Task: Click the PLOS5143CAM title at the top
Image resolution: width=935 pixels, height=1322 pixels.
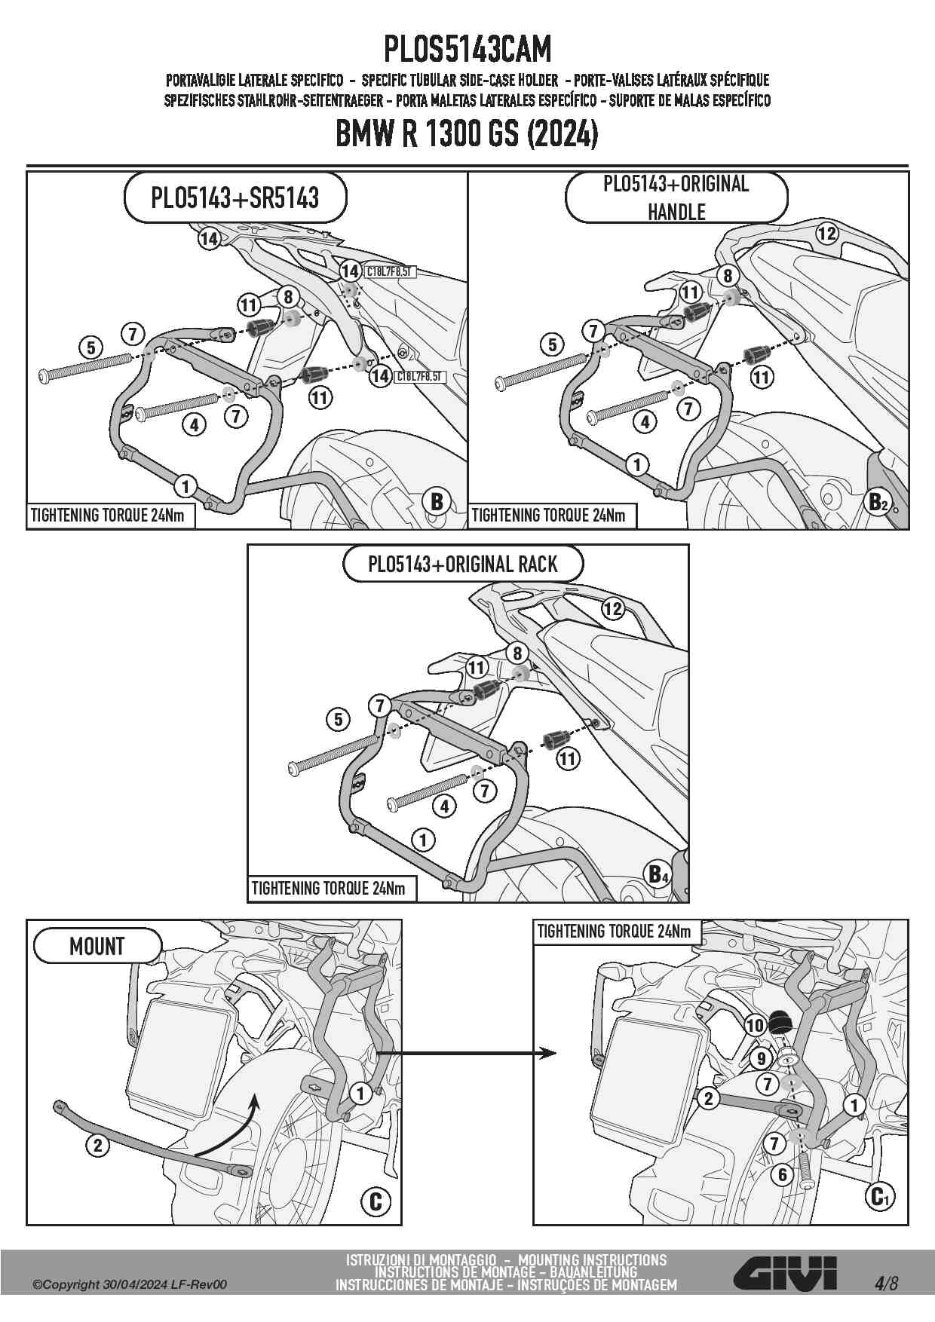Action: point(467,50)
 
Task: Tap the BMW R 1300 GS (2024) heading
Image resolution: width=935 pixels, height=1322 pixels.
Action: point(467,136)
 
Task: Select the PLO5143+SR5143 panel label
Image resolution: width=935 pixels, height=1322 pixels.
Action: point(235,197)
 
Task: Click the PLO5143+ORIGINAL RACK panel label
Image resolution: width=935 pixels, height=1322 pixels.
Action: point(462,565)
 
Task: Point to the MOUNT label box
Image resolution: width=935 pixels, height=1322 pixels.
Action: point(97,946)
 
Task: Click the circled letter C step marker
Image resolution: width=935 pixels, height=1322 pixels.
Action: point(376,1201)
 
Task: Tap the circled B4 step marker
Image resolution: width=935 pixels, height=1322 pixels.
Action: point(659,874)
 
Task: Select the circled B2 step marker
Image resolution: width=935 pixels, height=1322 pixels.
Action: point(878,501)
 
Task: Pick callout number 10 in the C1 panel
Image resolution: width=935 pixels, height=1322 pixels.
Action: point(755,1025)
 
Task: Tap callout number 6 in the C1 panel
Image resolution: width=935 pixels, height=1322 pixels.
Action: point(783,1174)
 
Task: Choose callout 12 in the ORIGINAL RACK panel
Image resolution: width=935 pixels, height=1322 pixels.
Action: point(613,608)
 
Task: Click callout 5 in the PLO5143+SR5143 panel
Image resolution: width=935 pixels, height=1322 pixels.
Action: point(91,347)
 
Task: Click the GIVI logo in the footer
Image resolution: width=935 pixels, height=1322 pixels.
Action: point(785,1274)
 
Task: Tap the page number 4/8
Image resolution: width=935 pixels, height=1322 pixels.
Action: point(887,1283)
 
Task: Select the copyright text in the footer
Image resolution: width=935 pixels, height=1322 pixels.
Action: point(129,1285)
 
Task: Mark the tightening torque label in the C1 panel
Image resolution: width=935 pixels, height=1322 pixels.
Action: point(614,932)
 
